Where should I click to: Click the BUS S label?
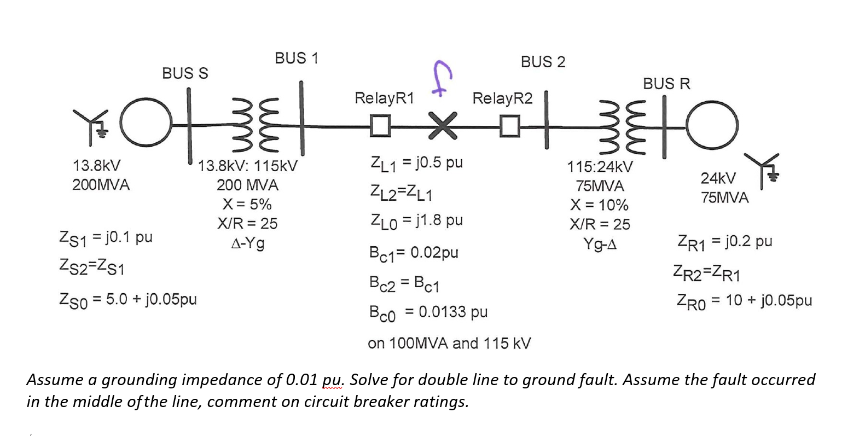[x=185, y=73]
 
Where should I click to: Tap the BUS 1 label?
[x=296, y=58]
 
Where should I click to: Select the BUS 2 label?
[x=543, y=62]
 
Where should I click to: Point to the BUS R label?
[x=666, y=84]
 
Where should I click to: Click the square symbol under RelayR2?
[x=509, y=126]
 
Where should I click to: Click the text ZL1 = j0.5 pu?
[x=416, y=162]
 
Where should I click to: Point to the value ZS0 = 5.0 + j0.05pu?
[x=127, y=299]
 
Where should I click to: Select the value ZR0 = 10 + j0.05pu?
[x=744, y=300]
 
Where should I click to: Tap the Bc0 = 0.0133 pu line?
[x=428, y=312]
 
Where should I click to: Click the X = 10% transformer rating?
[x=599, y=205]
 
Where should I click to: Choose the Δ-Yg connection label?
[x=247, y=243]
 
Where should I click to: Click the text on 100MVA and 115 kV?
[x=449, y=344]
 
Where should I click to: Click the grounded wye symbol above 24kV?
[x=764, y=167]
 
